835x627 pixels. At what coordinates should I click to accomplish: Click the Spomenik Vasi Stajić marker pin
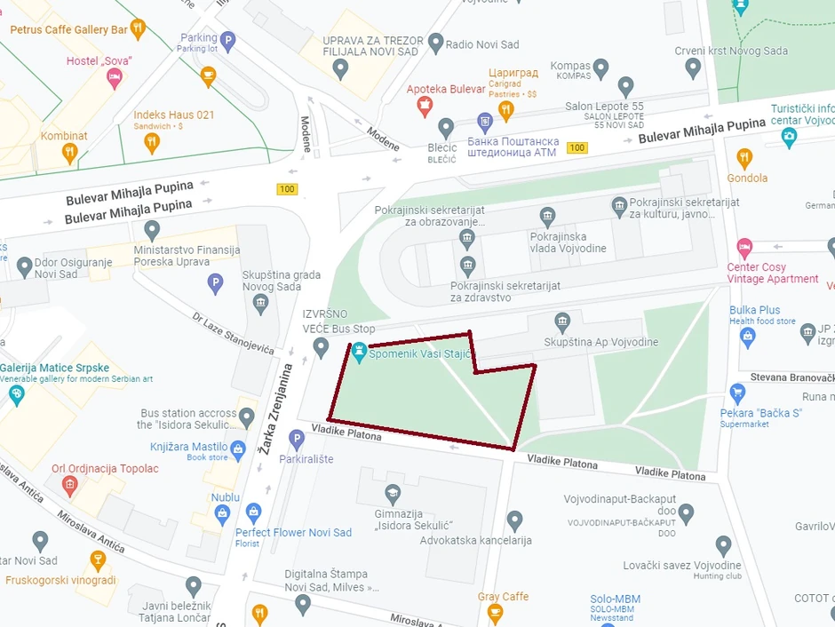point(359,353)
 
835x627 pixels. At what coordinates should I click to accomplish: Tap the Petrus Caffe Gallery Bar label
point(68,29)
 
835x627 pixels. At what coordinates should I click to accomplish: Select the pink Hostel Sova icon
point(115,78)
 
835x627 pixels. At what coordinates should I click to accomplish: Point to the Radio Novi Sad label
point(483,44)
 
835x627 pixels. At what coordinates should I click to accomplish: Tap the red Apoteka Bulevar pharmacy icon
point(425,107)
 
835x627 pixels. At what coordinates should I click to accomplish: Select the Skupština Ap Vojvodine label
point(601,342)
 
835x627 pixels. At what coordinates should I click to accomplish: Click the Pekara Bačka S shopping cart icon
point(736,392)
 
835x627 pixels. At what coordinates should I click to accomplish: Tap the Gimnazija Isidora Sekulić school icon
point(393,493)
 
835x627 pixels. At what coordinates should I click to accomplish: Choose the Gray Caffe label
point(503,597)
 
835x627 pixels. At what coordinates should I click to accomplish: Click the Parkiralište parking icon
point(297,438)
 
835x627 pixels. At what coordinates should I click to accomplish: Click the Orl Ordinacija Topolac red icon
point(70,485)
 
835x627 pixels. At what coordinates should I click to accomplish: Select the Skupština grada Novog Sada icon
point(260,303)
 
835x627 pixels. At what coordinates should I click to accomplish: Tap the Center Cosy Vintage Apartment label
point(772,273)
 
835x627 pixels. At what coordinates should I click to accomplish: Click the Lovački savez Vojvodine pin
point(724,544)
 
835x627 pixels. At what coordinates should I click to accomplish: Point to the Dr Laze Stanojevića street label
point(233,333)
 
